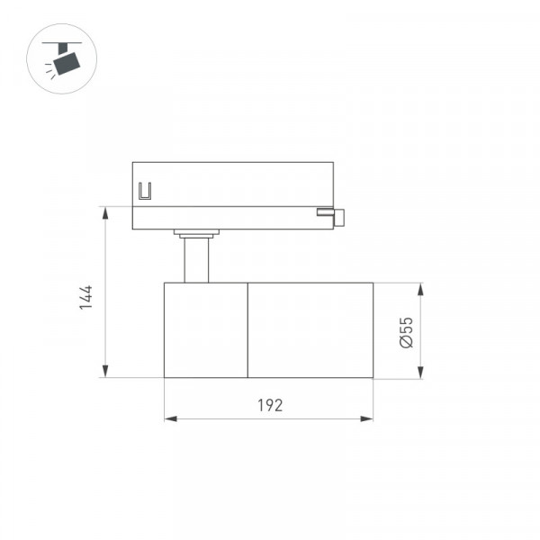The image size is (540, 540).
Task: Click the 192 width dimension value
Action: (270, 405)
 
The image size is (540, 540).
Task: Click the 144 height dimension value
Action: (85, 298)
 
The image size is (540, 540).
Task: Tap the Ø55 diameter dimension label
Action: (407, 332)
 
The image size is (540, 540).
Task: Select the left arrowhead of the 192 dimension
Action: (171, 419)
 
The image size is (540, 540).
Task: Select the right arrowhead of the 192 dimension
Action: (366, 419)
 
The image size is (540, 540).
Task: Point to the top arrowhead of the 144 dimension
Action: (105, 213)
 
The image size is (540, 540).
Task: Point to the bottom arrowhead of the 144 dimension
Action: (105, 371)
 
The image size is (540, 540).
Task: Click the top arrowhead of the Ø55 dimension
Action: (420, 289)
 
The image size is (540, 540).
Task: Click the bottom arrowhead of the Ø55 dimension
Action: (420, 373)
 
